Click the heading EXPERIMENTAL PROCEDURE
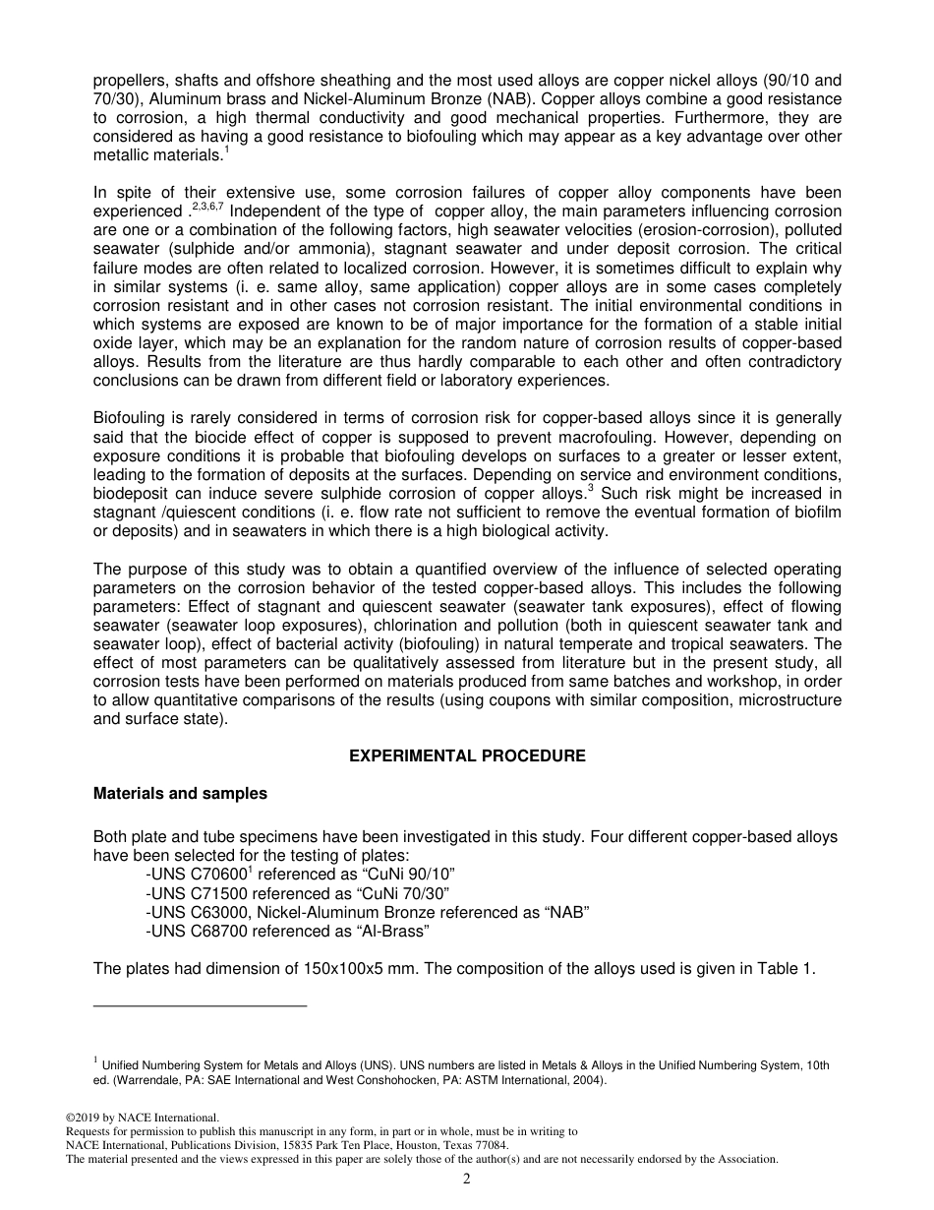click(x=467, y=756)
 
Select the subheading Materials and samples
click(x=180, y=794)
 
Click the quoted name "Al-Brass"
click(x=397, y=931)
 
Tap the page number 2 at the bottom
click(x=467, y=1180)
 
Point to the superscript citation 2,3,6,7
click(x=207, y=206)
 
